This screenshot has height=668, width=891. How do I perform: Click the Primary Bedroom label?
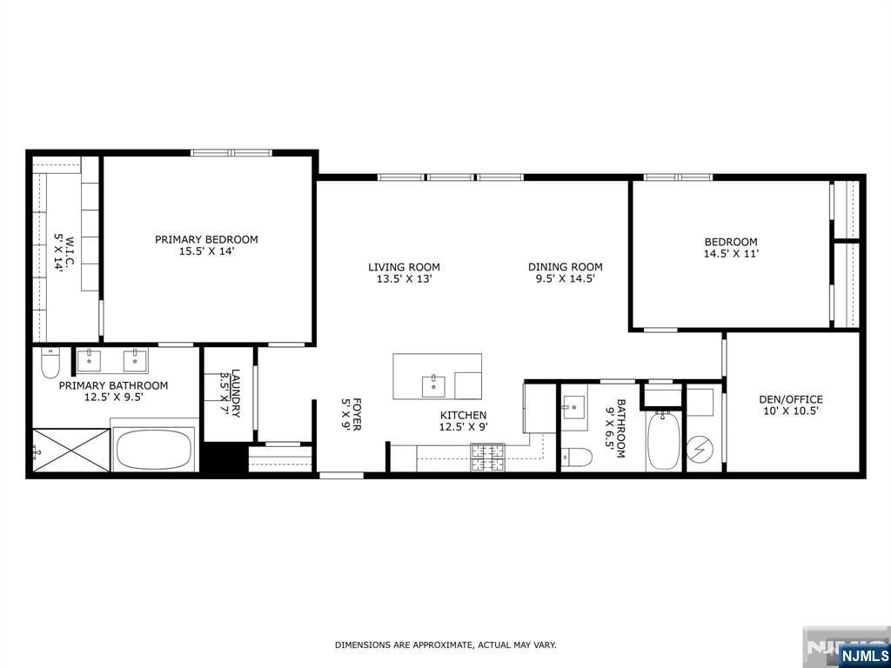(206, 239)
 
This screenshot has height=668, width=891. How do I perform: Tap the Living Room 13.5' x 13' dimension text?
(404, 279)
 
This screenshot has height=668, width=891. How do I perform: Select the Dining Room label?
(566, 266)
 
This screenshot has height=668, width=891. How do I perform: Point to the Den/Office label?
(790, 399)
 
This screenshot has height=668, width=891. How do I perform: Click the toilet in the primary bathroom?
(50, 364)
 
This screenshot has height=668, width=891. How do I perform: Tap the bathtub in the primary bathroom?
(153, 450)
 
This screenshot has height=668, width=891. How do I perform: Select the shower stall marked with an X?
(71, 451)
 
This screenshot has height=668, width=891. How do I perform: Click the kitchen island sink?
(435, 385)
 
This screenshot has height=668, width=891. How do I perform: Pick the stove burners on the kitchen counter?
(487, 458)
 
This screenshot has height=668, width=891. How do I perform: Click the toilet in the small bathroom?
(577, 456)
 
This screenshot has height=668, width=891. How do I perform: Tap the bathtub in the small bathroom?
(663, 441)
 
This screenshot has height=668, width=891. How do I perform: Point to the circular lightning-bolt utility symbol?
(699, 450)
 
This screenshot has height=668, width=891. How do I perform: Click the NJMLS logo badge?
(864, 655)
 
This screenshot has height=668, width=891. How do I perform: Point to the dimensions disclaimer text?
(445, 645)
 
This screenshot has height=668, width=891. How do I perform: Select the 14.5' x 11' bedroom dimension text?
(731, 254)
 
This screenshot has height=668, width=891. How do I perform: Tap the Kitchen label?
(463, 415)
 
